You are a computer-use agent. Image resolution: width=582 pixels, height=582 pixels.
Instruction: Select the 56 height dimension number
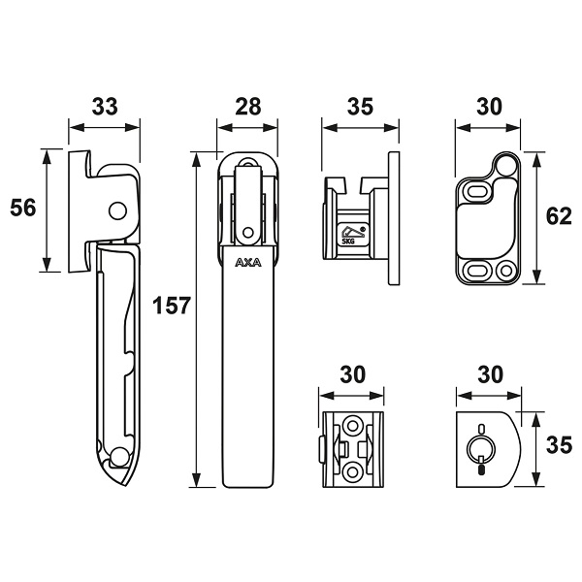click(x=23, y=208)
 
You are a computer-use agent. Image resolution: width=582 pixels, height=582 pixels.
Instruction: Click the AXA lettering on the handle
click(x=248, y=262)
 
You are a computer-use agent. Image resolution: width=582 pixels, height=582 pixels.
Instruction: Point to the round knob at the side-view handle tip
click(x=116, y=456)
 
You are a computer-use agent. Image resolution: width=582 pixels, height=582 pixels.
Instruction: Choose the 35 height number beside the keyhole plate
click(x=558, y=447)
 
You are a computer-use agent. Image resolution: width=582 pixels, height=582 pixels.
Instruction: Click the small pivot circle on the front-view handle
click(x=248, y=232)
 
